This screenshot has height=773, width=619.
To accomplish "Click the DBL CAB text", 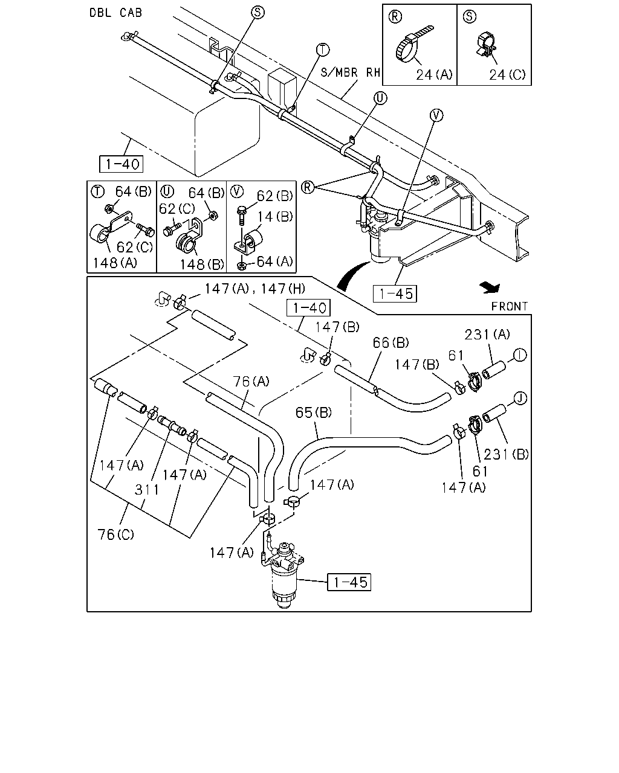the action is tap(115, 13).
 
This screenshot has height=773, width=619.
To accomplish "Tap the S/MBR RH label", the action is tap(351, 72).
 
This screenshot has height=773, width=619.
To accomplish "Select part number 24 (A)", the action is tap(434, 75).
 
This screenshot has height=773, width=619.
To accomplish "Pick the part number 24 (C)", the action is tap(507, 75).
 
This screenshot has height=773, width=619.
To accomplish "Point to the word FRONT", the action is tap(510, 306).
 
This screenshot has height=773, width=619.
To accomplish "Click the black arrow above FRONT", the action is tap(490, 287).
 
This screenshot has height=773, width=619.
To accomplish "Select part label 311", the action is tap(147, 490).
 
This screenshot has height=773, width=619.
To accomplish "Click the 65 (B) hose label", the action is tap(314, 412).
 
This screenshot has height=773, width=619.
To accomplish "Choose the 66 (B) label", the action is tap(391, 342).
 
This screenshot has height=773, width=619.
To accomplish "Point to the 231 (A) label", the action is tap(487, 335).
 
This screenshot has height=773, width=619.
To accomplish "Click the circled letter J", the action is tap(520, 399).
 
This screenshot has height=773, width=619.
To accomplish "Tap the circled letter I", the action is tap(520, 355).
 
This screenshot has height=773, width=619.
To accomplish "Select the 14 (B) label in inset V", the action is tap(275, 217).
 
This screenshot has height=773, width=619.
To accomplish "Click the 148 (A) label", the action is tap(115, 263).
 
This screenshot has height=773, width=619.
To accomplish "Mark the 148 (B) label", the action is tap(202, 265).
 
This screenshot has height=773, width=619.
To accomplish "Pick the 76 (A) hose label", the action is tap(251, 381).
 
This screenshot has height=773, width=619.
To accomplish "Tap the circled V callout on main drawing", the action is tap(436, 115).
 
